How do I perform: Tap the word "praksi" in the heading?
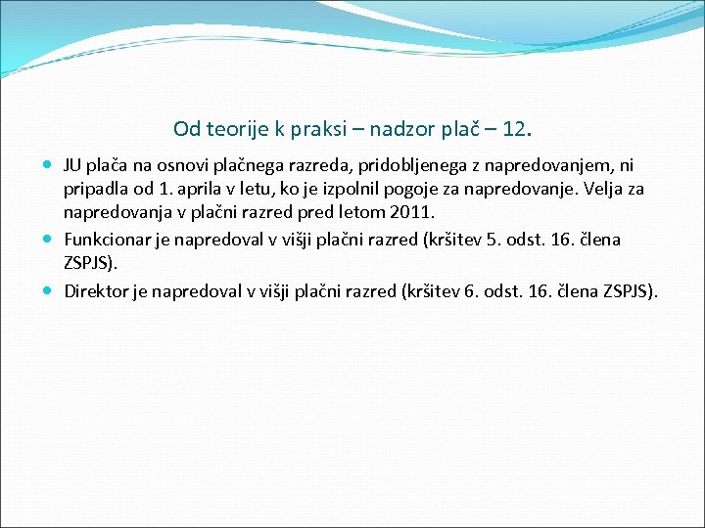(x=311, y=129)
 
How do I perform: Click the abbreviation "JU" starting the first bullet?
(x=73, y=166)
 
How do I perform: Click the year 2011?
(x=411, y=212)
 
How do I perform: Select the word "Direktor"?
(x=94, y=290)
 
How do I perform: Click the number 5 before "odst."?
(x=492, y=239)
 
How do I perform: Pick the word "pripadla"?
(x=95, y=189)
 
